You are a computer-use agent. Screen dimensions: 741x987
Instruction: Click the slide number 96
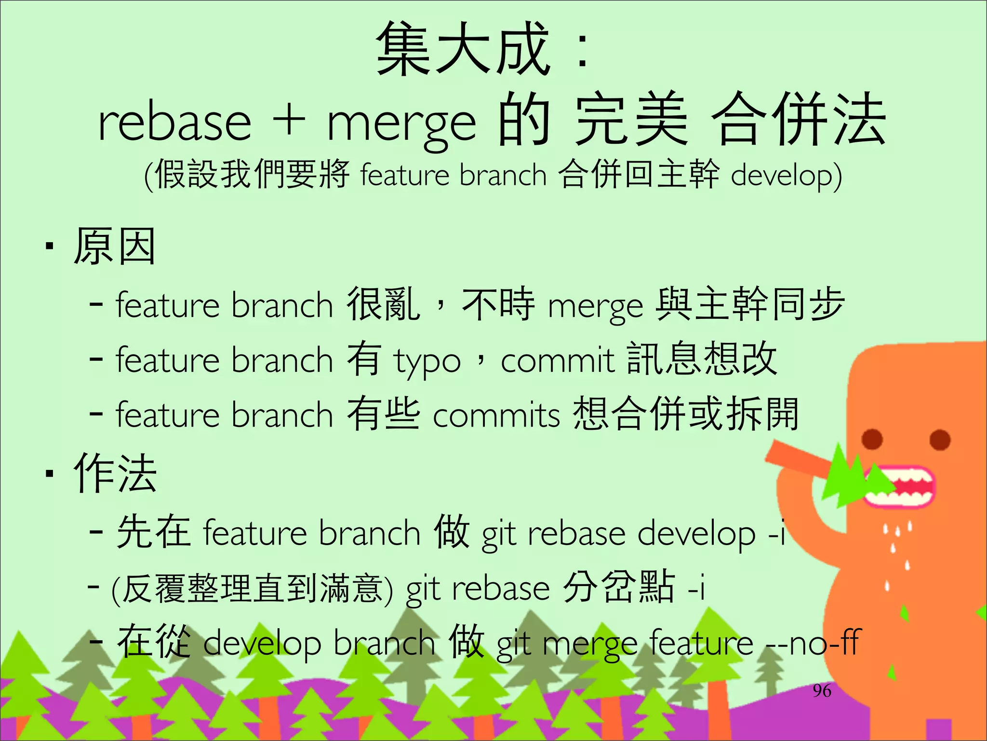tap(822, 691)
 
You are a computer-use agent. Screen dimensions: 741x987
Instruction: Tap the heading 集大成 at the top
tap(463, 49)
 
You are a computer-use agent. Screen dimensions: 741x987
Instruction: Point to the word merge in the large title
tap(401, 124)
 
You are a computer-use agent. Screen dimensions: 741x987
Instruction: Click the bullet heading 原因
tap(114, 247)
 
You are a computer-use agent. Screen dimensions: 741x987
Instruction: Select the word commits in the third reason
tap(496, 415)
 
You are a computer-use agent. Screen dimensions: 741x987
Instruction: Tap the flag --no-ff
tap(813, 643)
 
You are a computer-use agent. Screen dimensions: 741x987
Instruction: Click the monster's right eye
tap(939, 439)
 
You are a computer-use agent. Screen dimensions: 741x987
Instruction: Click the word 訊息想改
tap(702, 359)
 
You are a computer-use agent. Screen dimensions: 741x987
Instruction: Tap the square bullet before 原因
tap(49, 247)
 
